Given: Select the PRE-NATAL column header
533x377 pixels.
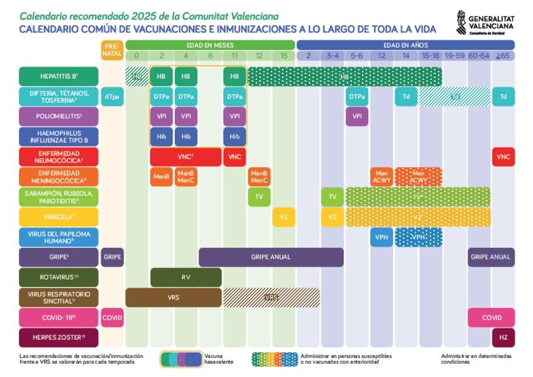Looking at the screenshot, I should pos(111,50).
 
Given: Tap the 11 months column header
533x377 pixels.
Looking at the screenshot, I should pos(234,56).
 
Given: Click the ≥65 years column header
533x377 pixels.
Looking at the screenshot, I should pos(503,56).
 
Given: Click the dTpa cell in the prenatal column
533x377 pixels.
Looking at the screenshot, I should pos(111,96).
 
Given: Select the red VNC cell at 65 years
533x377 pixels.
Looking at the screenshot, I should pos(503,157).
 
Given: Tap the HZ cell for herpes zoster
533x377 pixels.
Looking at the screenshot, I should pos(503,337).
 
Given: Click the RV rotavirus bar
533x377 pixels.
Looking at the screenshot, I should pos(185,277).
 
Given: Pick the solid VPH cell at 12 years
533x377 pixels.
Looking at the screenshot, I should pos(381,237).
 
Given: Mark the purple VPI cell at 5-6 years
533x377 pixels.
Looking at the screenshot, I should pos(356,116).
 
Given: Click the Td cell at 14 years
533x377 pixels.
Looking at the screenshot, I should pos(405,96).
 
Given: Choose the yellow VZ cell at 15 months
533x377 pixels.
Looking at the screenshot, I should pos(283,217).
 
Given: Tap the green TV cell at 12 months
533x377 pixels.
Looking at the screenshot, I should pos(259,197).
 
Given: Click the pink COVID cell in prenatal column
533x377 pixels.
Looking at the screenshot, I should pos(111,317).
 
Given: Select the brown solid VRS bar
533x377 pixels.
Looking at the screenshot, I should pos(173,297).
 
